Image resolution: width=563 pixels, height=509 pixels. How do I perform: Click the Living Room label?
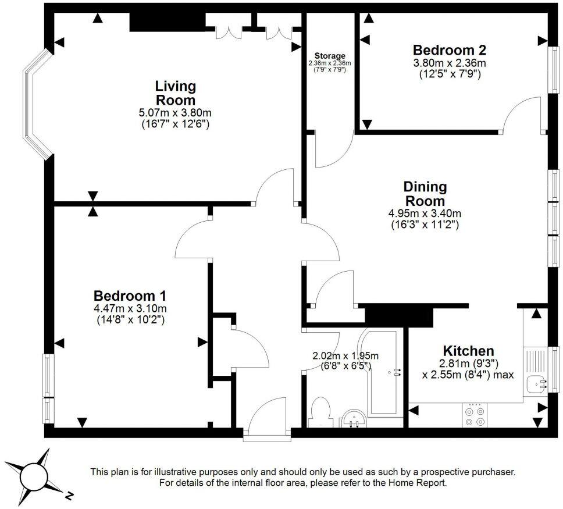tap(175, 92)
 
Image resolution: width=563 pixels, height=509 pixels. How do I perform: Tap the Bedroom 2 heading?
tap(450, 50)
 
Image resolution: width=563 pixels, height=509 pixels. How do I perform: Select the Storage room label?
tap(330, 56)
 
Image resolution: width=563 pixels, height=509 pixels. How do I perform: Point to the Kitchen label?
tap(468, 351)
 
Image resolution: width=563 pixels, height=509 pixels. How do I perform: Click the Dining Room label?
tap(425, 194)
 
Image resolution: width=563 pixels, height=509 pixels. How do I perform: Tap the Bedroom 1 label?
tap(130, 296)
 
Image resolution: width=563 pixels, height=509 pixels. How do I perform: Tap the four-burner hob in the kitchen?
tap(475, 415)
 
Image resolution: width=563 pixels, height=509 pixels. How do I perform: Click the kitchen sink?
tap(537, 385)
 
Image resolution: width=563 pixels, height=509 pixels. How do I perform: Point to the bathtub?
tap(382, 372)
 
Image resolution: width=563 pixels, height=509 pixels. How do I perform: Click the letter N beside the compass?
tap(69, 496)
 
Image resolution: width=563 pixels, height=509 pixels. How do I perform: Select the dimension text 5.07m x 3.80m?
tap(175, 113)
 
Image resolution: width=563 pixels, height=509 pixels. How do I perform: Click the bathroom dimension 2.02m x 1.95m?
tap(345, 356)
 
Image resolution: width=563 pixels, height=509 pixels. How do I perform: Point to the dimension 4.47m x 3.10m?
tap(130, 308)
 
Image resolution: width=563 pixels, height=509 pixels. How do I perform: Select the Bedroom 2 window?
tap(554, 70)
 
